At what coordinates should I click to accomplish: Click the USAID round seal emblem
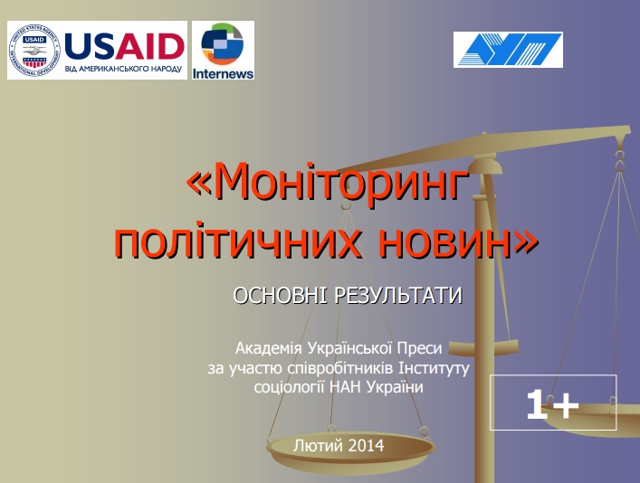point(34,51)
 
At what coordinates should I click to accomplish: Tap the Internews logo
point(223,50)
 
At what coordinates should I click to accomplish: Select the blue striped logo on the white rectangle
point(508,50)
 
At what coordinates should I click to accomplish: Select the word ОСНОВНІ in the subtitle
point(280,295)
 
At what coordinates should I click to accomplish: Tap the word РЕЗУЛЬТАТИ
point(398,295)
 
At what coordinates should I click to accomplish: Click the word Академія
point(268,348)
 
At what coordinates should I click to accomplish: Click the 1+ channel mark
point(553,404)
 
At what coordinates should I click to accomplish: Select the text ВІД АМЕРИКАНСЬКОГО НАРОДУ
point(123,69)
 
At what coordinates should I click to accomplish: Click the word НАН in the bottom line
point(345,387)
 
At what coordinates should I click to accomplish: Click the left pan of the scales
point(351,449)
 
